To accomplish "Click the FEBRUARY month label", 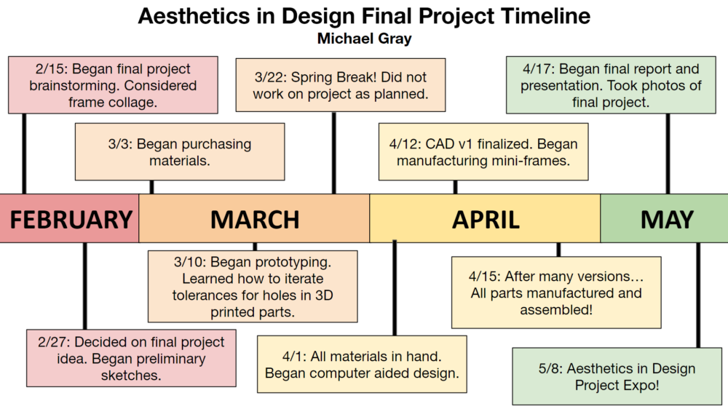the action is (71, 220).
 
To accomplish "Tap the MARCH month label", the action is (255, 220).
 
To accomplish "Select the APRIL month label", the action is (486, 220).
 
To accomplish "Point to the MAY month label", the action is (667, 220).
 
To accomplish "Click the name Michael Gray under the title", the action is (365, 38).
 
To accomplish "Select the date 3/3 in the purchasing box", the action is (119, 144).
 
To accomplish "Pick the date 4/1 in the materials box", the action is (293, 357).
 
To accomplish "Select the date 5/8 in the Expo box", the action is (549, 369).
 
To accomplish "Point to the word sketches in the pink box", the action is (131, 375).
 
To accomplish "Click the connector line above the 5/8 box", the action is (698, 295).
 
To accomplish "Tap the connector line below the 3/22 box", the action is (334, 153).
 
